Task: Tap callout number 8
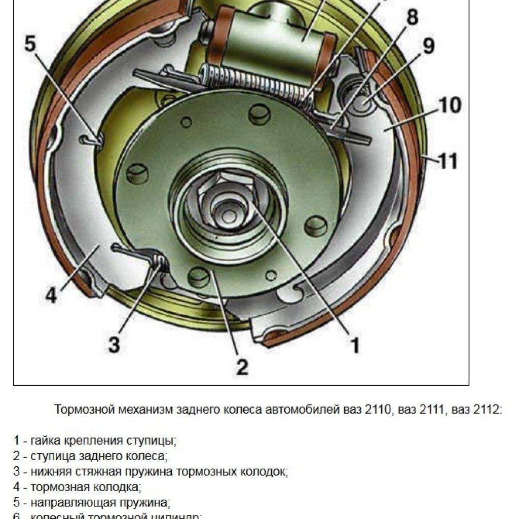coord(413,18)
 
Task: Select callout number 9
coord(429,47)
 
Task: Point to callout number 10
coord(450,105)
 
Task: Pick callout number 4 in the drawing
coord(51,295)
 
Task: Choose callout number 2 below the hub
coord(242,366)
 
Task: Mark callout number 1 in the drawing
coord(355,345)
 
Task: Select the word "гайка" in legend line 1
coord(45,440)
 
